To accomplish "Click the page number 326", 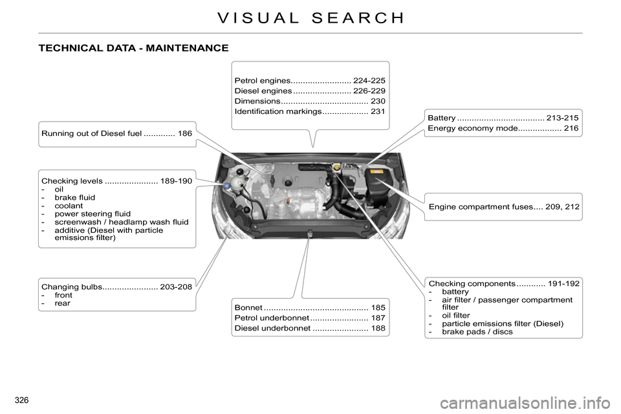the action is [x=21, y=400].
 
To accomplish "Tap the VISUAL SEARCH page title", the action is [x=311, y=18].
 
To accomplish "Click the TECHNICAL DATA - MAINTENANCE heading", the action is [x=133, y=49].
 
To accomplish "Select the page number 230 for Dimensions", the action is [x=378, y=101].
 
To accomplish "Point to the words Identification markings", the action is [x=278, y=111].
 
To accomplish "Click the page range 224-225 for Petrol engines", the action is [x=369, y=80].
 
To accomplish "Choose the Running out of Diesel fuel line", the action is [x=117, y=133].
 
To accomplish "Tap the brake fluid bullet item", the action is [x=75, y=197].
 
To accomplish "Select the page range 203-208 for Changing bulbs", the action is [x=176, y=287].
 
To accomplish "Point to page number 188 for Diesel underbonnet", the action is [x=378, y=328].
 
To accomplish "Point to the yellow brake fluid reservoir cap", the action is [x=336, y=168].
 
